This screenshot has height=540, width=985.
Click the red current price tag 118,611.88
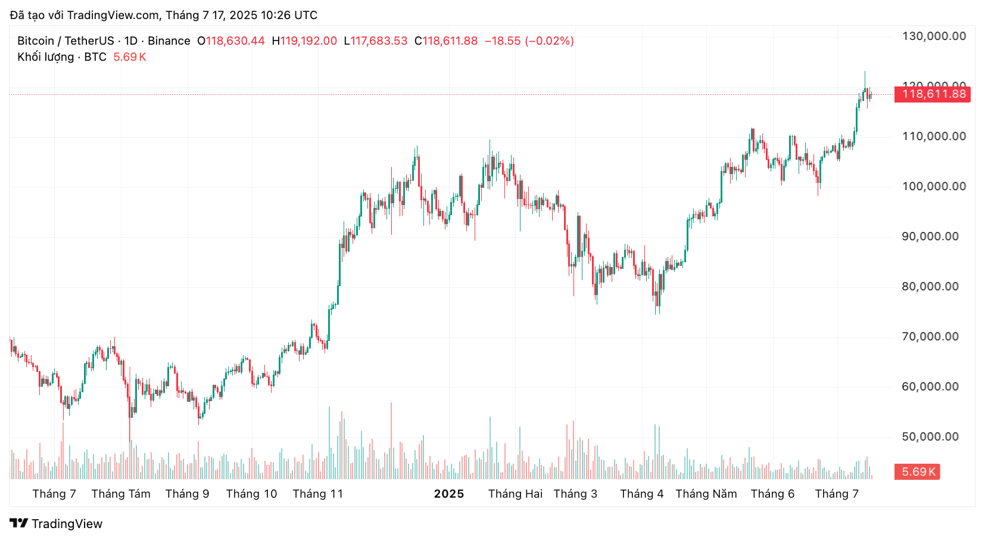(x=933, y=94)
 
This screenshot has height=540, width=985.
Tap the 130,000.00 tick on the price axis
(x=934, y=36)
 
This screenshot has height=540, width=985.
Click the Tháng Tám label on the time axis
(x=121, y=494)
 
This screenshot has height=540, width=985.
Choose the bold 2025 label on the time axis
(x=448, y=494)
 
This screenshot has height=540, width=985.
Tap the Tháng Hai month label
(x=515, y=494)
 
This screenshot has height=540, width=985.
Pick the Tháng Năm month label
(x=706, y=494)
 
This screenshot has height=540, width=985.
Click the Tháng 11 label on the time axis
(x=317, y=494)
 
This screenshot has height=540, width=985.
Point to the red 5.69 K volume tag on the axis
(x=917, y=472)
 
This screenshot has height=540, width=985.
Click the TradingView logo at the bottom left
(x=57, y=524)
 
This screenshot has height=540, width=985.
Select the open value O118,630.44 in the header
(x=231, y=41)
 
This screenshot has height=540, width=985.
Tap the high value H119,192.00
(x=304, y=41)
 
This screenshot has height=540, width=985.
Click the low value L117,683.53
(x=376, y=41)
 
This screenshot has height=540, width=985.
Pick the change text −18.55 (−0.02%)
(x=529, y=41)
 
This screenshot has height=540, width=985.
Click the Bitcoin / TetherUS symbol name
(x=66, y=41)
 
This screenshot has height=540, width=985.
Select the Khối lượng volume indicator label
(x=46, y=57)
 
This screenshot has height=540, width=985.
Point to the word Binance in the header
(x=169, y=41)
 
